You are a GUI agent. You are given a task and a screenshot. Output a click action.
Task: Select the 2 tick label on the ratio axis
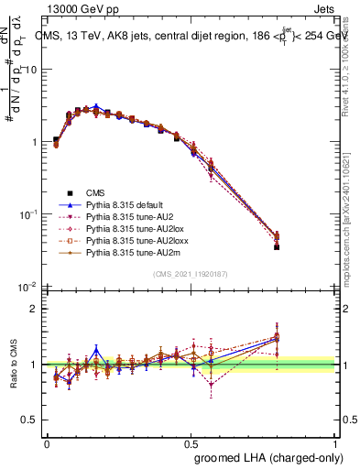(x=34, y=309)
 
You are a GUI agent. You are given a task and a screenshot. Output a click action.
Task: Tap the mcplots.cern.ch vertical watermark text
(x=352, y=220)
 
